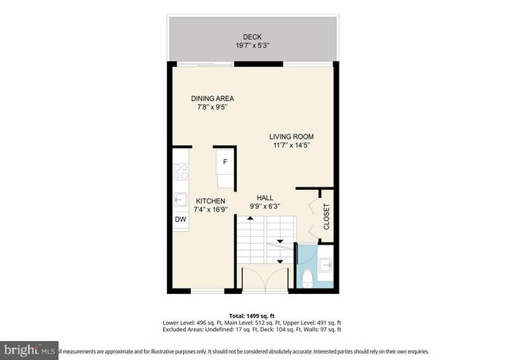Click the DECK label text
click(251, 37)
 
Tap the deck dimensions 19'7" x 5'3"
click(251, 46)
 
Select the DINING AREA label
click(212, 99)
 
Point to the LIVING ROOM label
click(290, 137)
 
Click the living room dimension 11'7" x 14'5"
click(290, 146)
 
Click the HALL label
click(265, 197)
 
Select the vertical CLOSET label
click(326, 217)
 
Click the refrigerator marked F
click(225, 164)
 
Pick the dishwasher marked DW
click(180, 219)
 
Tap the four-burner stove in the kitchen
click(181, 171)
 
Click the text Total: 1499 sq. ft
click(251, 315)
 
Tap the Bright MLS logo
click(29, 350)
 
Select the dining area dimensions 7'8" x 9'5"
click(212, 108)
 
